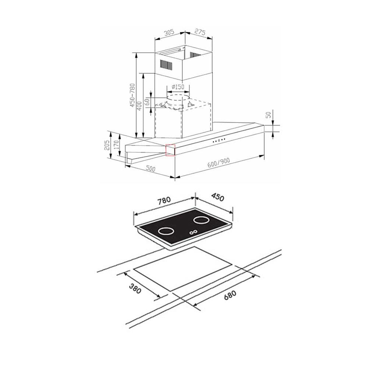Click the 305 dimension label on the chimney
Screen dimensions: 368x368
click(x=169, y=32)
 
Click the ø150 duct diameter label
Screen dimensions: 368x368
click(x=178, y=87)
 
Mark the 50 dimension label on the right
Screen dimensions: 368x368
click(x=269, y=115)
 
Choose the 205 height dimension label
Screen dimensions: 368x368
click(x=107, y=145)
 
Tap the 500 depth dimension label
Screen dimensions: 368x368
click(x=151, y=169)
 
